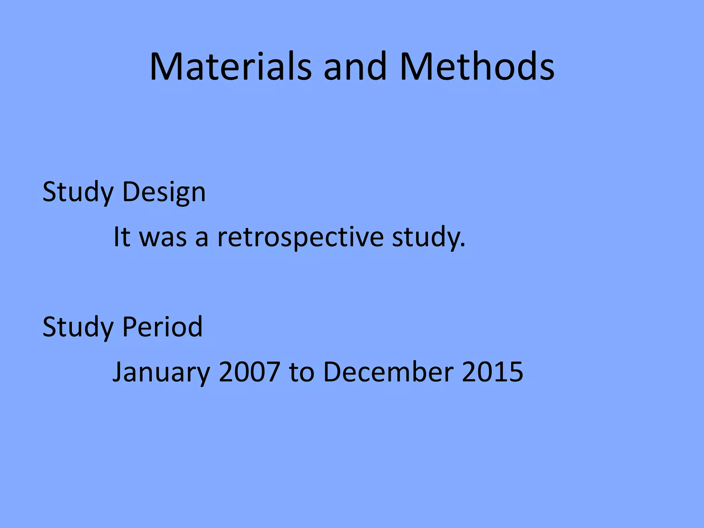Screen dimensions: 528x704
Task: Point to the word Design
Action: [x=164, y=192]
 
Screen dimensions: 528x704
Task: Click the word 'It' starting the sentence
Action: [x=122, y=237]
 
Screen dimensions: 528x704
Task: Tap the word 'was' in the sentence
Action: [x=163, y=238]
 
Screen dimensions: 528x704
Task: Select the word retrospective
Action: [x=300, y=238]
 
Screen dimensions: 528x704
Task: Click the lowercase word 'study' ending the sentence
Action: [x=426, y=238]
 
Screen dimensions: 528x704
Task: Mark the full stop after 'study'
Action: [x=462, y=245]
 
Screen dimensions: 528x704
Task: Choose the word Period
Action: [x=162, y=327]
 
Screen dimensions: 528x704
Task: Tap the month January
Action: [x=161, y=372]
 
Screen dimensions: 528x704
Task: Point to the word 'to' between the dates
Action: [x=301, y=372]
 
